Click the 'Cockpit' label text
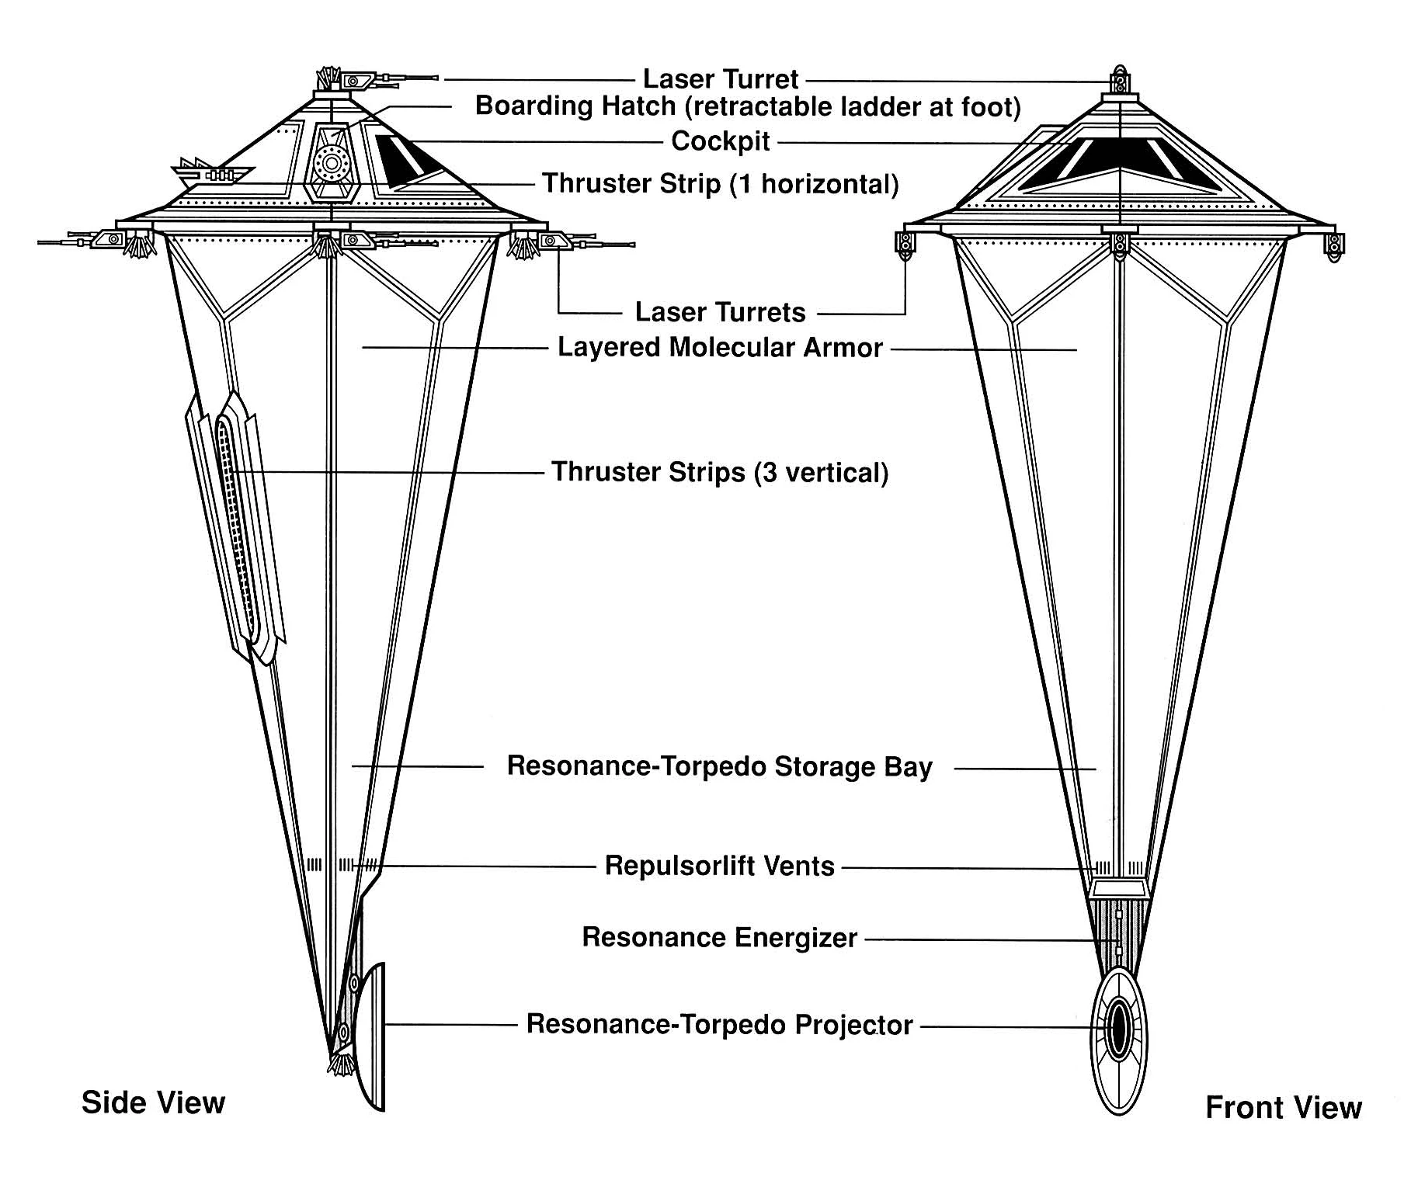[721, 141]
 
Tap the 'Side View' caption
[153, 1102]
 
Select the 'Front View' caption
[1283, 1107]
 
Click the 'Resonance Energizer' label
[719, 938]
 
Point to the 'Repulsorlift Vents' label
[720, 865]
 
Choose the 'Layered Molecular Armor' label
[720, 347]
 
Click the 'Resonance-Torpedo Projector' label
[719, 1024]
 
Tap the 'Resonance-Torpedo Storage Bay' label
[719, 766]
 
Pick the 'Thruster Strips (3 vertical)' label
[720, 472]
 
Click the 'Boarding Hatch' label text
[572, 105]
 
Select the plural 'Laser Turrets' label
[720, 312]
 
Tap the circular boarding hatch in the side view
[332, 164]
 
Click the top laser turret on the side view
[373, 79]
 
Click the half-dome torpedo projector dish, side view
[371, 1037]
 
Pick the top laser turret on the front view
[1119, 81]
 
